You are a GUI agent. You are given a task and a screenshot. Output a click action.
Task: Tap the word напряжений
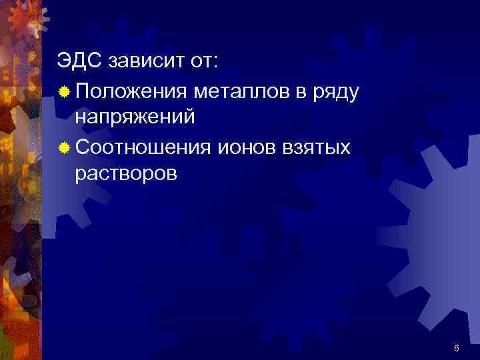click(x=135, y=118)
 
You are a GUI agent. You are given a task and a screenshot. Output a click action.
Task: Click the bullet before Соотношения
click(x=63, y=146)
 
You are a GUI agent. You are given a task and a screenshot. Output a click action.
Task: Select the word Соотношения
click(x=143, y=146)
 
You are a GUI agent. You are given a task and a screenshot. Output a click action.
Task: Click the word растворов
click(x=127, y=174)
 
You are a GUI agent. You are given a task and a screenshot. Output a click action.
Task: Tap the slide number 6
click(x=456, y=349)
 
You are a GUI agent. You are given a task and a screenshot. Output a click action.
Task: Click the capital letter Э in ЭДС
click(x=63, y=62)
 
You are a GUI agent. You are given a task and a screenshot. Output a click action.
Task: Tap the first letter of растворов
click(x=80, y=175)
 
